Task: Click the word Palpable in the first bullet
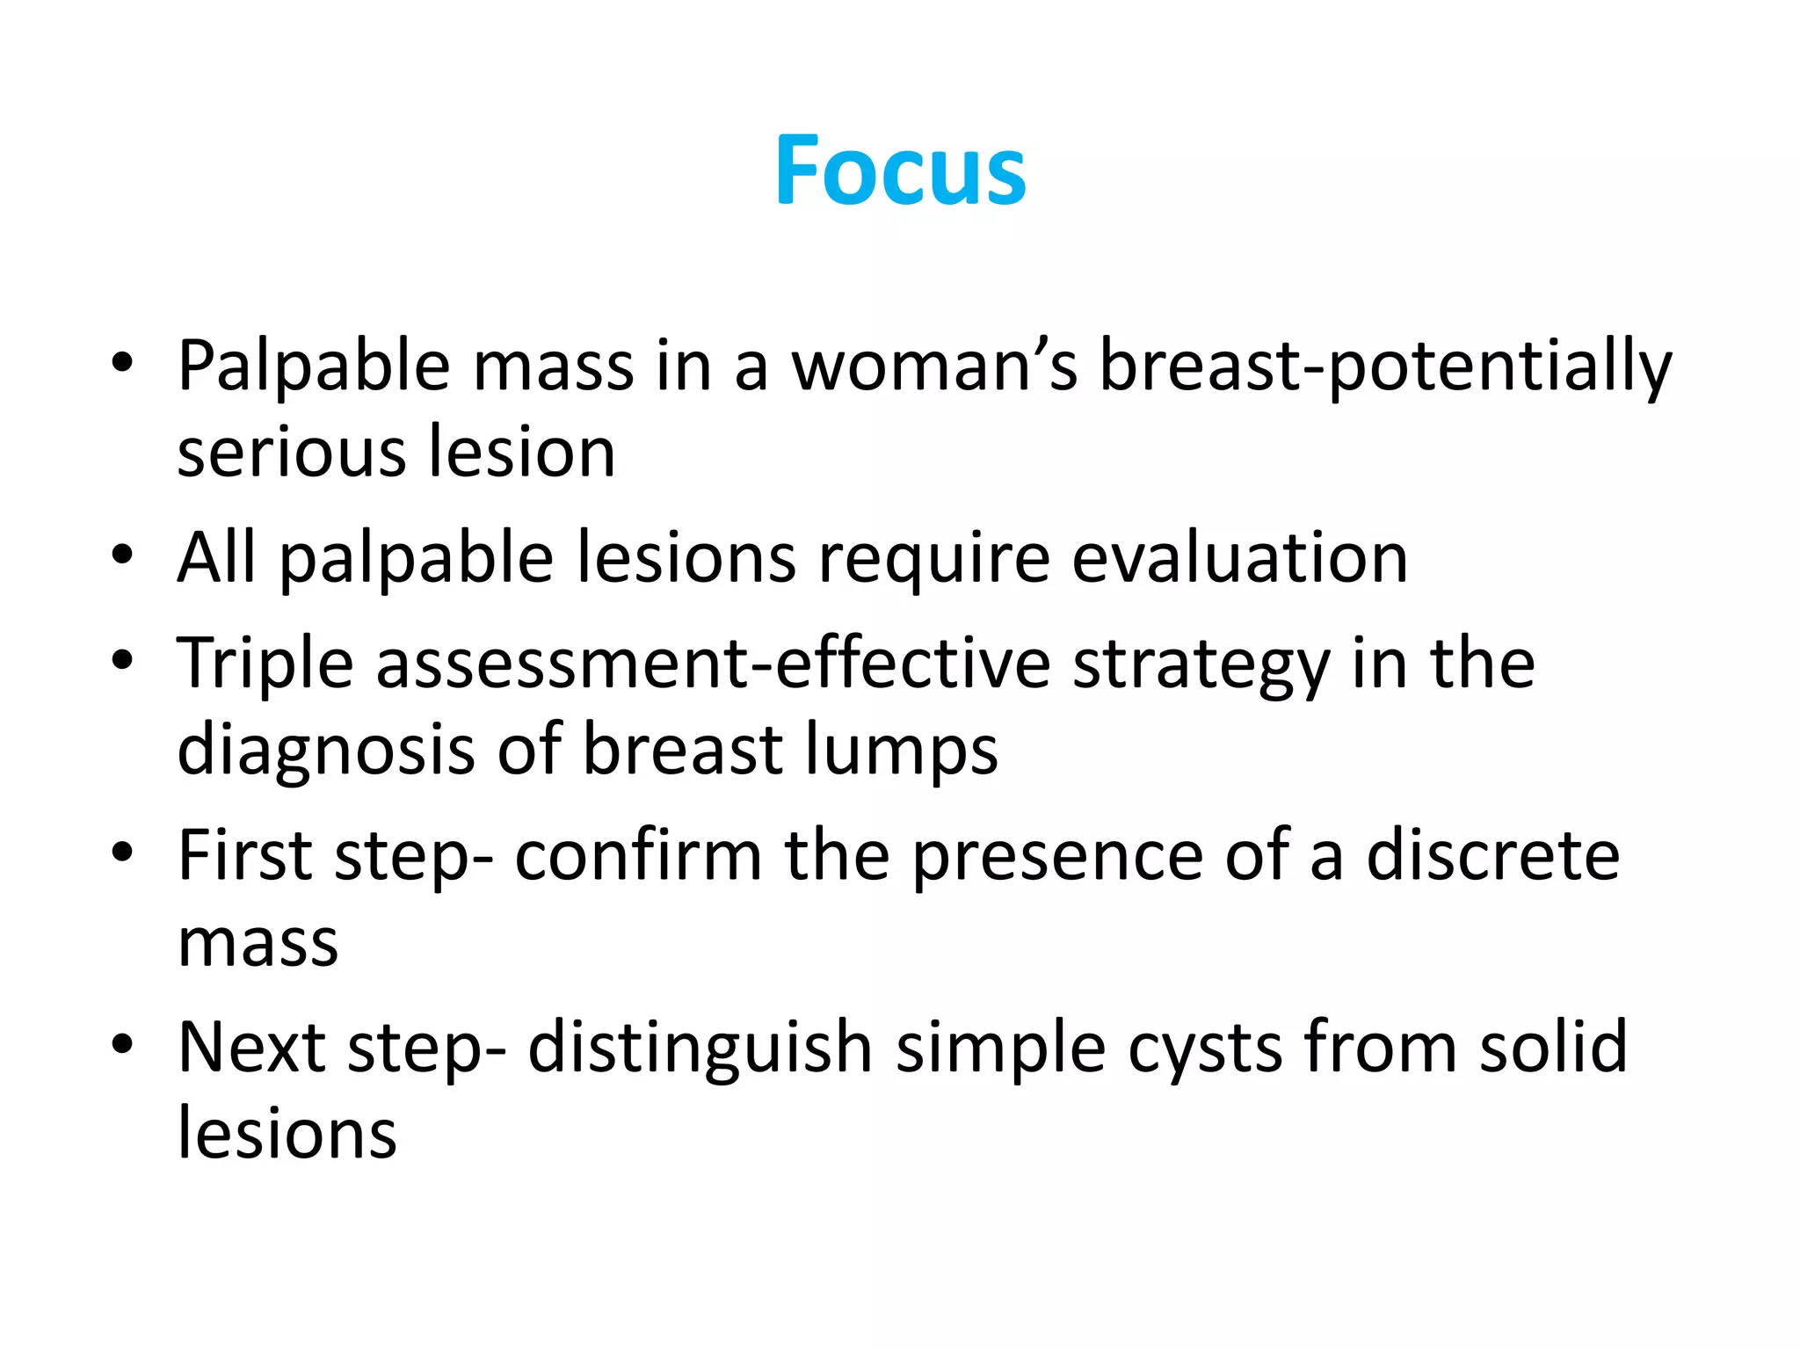pyautogui.click(x=314, y=366)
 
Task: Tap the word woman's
pyautogui.click(x=934, y=366)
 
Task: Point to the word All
pyautogui.click(x=216, y=557)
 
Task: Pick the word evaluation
pyautogui.click(x=1239, y=557)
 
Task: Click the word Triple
pyautogui.click(x=265, y=664)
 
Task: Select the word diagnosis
pyautogui.click(x=326, y=751)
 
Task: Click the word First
pyautogui.click(x=245, y=855)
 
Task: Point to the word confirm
pyautogui.click(x=638, y=855)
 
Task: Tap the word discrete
pyautogui.click(x=1492, y=855)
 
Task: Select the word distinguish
pyautogui.click(x=700, y=1049)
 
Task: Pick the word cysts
pyautogui.click(x=1205, y=1049)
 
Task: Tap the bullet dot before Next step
pyautogui.click(x=122, y=1043)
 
